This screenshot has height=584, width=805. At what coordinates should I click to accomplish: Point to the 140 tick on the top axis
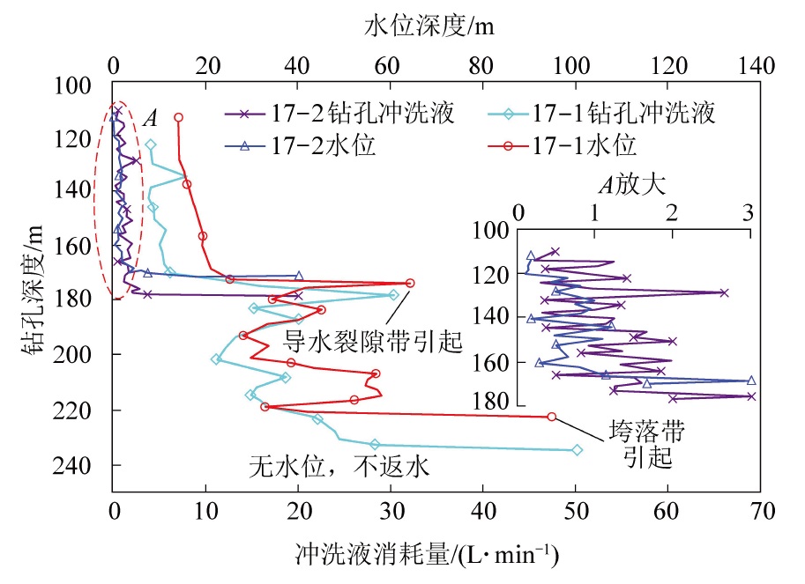[x=757, y=65]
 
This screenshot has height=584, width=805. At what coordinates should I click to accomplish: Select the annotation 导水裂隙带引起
[x=372, y=340]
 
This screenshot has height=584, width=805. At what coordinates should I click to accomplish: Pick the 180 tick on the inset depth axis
[x=497, y=402]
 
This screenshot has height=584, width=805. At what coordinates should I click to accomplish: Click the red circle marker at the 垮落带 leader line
[x=552, y=417]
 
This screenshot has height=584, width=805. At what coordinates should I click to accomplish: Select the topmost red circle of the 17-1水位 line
[x=178, y=117]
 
